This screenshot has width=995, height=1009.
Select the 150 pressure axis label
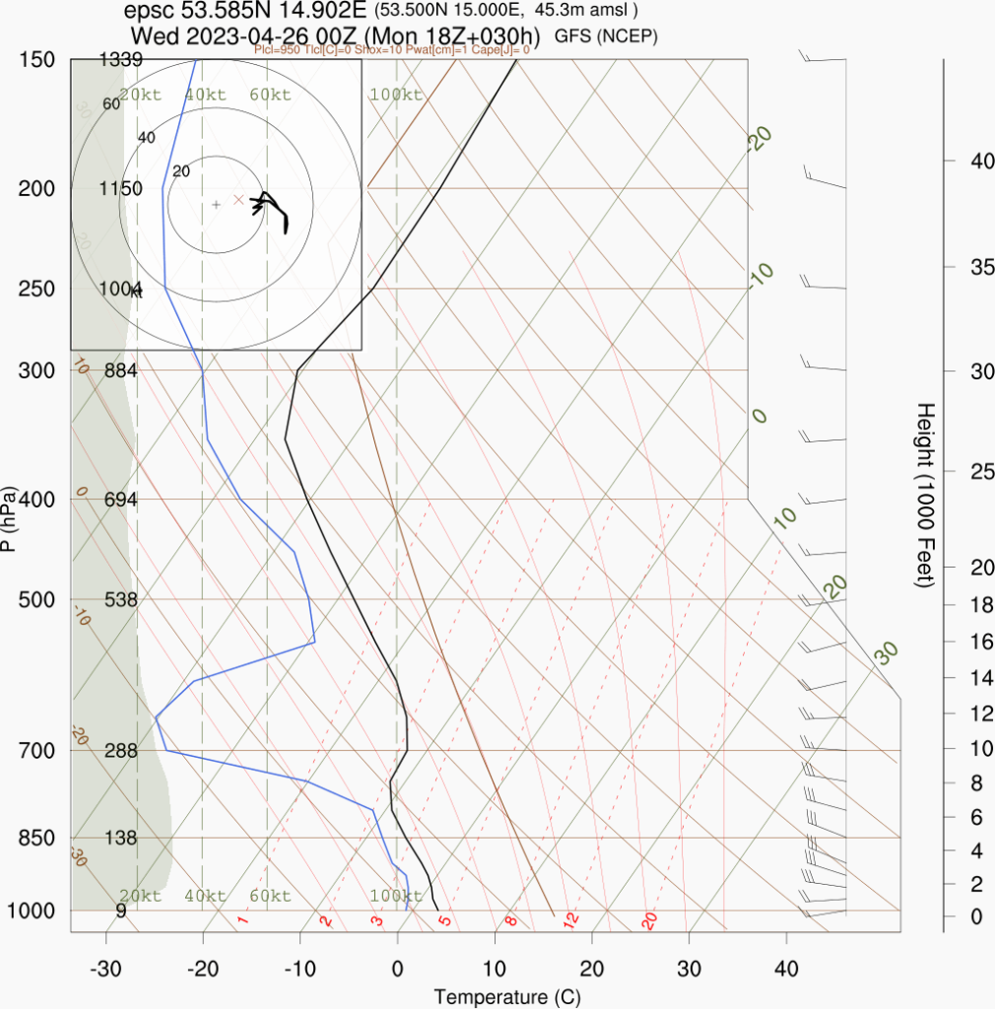coord(35,60)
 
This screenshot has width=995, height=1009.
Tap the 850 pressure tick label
coord(35,838)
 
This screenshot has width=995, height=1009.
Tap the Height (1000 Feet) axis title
coord(924,495)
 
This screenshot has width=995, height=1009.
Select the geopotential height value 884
coord(120,370)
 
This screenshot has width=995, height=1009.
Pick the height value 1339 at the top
coord(122,60)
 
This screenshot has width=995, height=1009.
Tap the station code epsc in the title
coord(148,12)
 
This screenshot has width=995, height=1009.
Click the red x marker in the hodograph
coord(238,199)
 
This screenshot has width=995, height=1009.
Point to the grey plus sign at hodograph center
coord(216,204)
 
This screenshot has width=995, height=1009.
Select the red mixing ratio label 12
coord(569,920)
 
